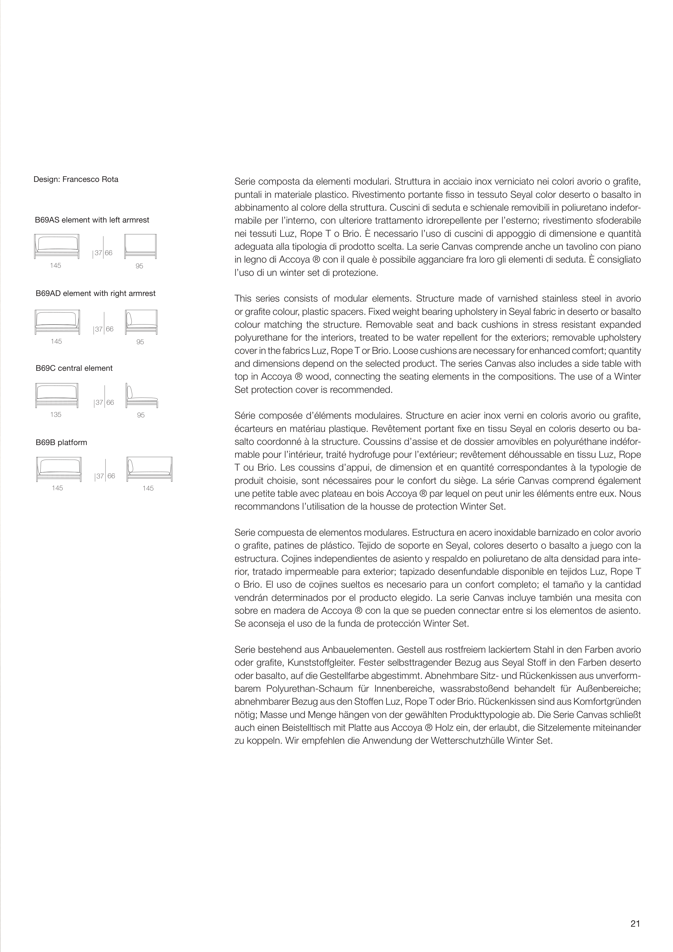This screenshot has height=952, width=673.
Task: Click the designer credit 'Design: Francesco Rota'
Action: [76, 179]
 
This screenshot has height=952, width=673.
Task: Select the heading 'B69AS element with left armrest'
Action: [92, 220]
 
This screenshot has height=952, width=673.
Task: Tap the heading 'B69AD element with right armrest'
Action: [96, 294]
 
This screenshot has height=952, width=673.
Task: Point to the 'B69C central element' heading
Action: [74, 368]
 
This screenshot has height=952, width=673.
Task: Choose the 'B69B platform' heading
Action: [61, 442]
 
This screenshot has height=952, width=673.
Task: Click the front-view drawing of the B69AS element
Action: [57, 246]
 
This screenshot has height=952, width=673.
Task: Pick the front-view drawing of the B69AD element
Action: [57, 322]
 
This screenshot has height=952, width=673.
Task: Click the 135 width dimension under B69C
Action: [56, 415]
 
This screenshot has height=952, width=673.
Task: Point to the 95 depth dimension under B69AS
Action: [139, 266]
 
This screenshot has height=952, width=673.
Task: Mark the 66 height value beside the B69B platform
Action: [111, 476]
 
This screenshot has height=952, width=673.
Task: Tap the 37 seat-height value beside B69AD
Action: [98, 329]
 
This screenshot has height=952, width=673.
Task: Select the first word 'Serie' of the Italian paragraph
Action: [245, 182]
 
